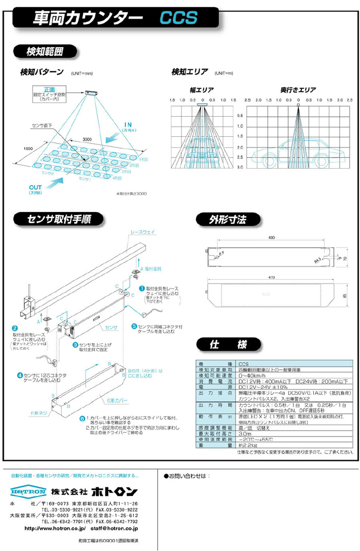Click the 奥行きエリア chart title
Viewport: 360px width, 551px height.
coord(298,90)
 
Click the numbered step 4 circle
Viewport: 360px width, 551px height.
coord(20,375)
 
